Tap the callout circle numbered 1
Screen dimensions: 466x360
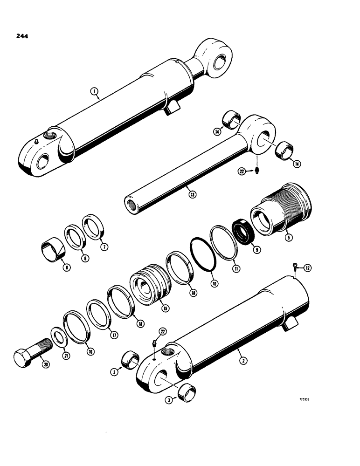pyautogui.click(x=95, y=93)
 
